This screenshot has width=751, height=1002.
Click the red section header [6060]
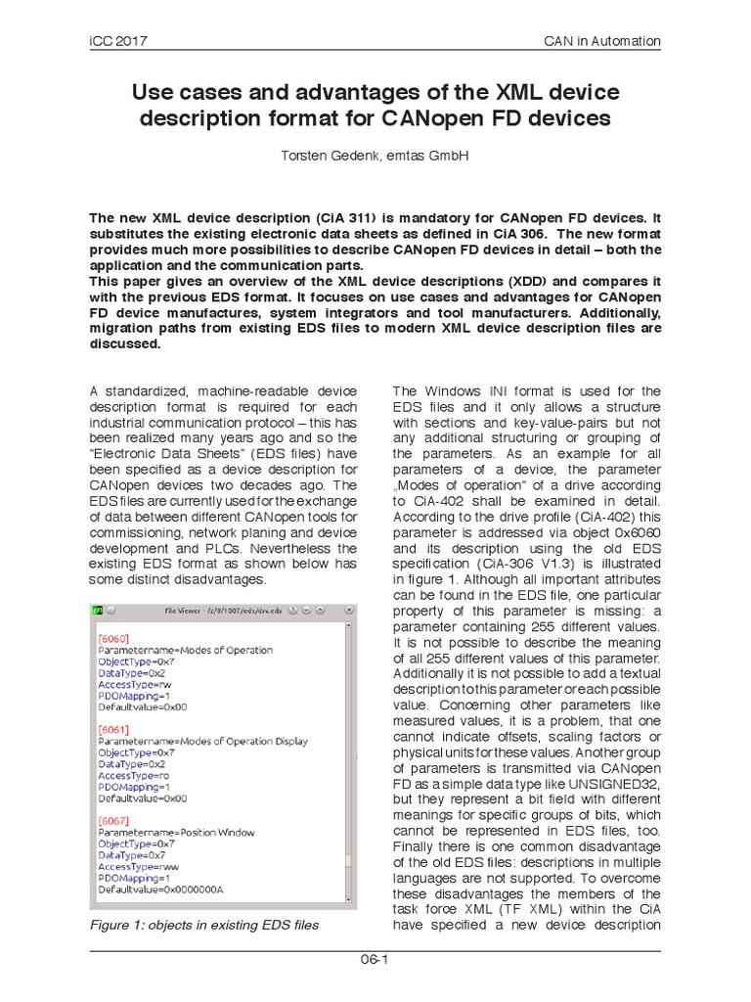tap(112, 635)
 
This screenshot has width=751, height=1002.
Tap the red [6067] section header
tap(112, 818)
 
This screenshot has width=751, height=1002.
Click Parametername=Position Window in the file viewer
tap(176, 833)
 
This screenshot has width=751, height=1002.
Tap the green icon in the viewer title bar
tap(98, 611)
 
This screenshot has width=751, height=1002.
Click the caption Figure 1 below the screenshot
tap(203, 925)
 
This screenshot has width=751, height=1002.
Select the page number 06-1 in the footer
tap(375, 959)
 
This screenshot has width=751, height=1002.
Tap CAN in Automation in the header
tap(602, 41)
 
